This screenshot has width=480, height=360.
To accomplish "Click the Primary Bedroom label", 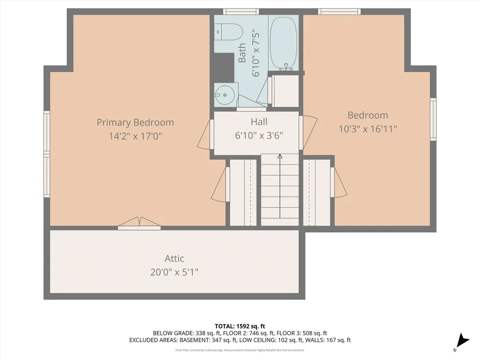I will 135,122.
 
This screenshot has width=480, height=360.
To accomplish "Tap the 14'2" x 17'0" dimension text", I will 135,136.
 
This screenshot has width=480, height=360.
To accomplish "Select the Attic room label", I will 174,258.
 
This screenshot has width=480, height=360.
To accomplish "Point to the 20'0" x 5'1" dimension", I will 174,272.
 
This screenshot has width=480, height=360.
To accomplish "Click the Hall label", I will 259,122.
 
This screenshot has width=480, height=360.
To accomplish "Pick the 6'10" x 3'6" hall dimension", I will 259,135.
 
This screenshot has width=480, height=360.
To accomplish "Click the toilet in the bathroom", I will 229,32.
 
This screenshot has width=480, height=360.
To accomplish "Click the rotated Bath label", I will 242,53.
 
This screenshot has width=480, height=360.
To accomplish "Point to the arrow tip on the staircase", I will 280,156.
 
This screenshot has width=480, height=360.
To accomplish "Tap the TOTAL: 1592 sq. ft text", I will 240,326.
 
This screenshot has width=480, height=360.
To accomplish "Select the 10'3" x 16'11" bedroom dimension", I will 368,129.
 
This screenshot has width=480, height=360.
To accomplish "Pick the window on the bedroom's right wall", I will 433,119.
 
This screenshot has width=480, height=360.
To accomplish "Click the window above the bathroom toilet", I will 241,11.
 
